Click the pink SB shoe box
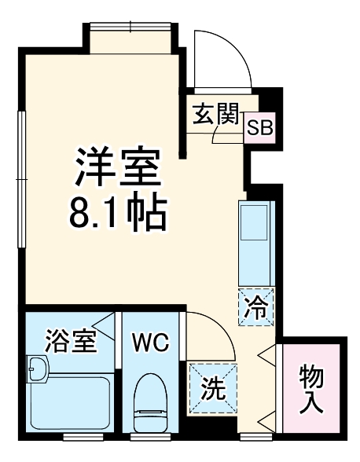pyautogui.click(x=260, y=127)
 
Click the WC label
pyautogui.click(x=149, y=343)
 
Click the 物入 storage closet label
pyautogui.click(x=312, y=388)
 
